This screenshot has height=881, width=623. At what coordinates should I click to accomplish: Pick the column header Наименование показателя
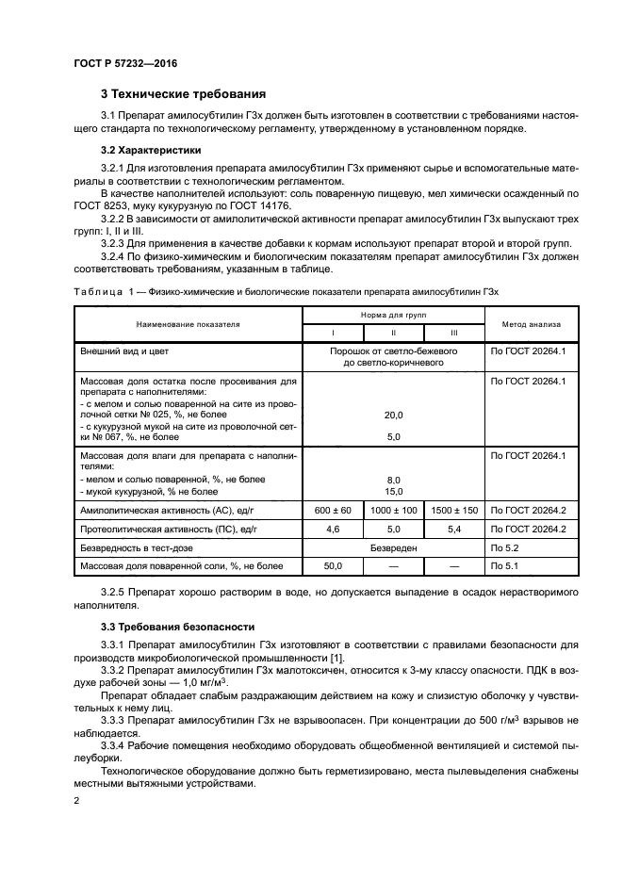coord(188,323)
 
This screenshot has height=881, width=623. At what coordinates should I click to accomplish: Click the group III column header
coord(454,333)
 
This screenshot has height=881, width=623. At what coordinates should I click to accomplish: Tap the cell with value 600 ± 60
coord(332,511)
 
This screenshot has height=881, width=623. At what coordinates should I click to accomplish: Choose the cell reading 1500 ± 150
coord(454,511)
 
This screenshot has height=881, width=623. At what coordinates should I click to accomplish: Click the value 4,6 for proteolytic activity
coord(332,530)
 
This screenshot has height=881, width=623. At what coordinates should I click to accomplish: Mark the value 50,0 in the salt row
coord(332,566)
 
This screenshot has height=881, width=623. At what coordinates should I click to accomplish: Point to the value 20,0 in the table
coord(393,415)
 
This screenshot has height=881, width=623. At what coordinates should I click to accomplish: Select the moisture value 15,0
coord(393,491)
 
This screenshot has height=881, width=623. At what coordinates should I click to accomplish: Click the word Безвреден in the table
coord(393,547)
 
